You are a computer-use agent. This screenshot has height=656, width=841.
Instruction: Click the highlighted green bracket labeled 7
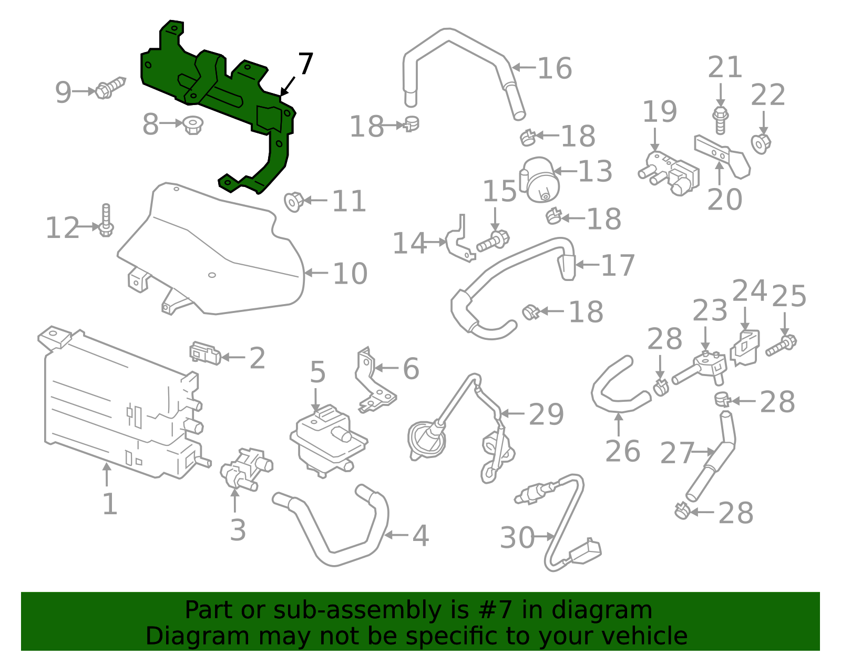click(221, 89)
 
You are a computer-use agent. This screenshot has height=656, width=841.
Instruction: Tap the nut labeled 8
click(193, 125)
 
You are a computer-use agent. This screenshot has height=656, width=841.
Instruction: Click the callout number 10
click(350, 274)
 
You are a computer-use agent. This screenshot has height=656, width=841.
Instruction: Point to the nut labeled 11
click(293, 201)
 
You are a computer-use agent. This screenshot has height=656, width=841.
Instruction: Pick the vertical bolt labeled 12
click(106, 221)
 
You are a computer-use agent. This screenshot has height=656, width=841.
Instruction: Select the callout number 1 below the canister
click(109, 503)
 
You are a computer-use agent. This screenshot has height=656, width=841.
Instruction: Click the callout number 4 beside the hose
click(420, 536)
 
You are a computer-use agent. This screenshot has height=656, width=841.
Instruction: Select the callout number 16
click(555, 68)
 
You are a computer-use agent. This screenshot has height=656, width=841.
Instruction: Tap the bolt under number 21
click(721, 120)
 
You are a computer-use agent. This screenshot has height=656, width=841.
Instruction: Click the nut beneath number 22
click(761, 143)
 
